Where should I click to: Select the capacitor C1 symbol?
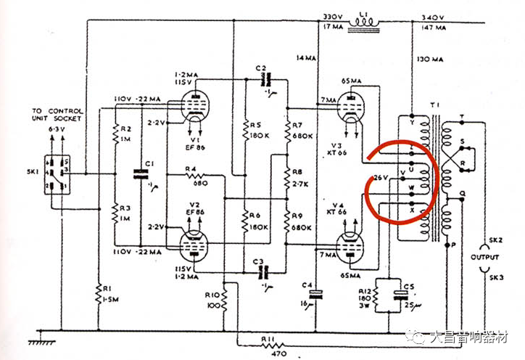[x=141, y=173]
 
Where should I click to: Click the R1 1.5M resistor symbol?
[x=98, y=293]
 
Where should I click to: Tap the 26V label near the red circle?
[x=379, y=178]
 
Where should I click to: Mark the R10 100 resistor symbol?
[x=224, y=298]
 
